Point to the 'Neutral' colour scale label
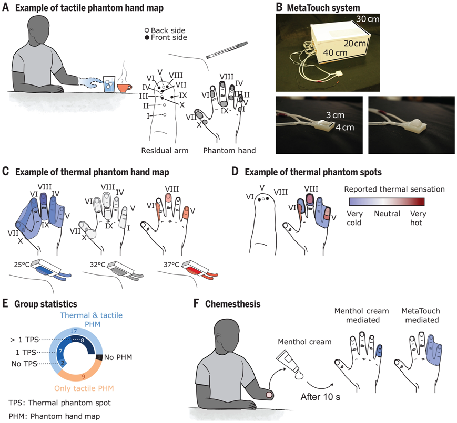(x=387, y=214)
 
